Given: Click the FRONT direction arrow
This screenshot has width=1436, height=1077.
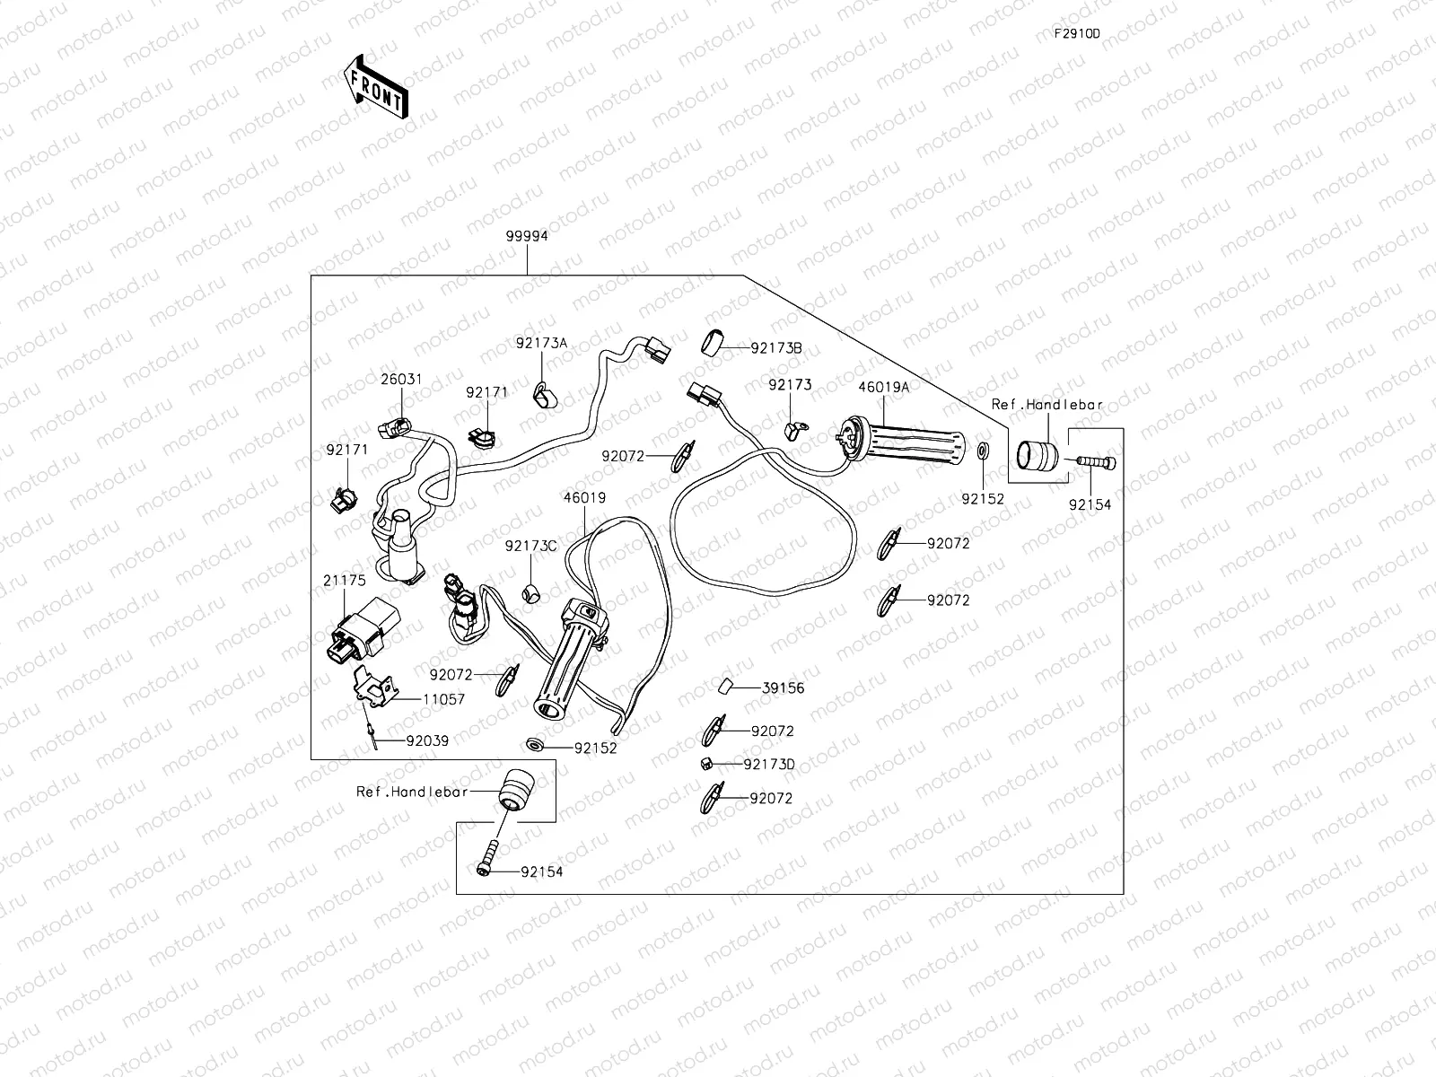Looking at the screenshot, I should tap(375, 86).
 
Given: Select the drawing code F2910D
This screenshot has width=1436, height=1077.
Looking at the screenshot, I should tap(1077, 34).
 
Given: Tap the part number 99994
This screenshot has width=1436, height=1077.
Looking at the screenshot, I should tap(527, 237).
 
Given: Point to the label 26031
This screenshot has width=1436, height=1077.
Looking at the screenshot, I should tap(401, 380).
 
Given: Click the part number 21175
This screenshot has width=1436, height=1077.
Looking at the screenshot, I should tap(345, 581).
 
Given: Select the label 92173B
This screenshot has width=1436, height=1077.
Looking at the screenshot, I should tap(776, 348).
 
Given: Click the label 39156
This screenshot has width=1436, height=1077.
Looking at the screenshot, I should tap(783, 688).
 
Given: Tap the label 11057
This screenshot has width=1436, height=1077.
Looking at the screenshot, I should tap(443, 699).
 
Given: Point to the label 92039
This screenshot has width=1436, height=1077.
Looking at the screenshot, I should tap(427, 740).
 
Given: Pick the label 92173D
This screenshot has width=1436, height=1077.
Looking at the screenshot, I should tap(769, 765).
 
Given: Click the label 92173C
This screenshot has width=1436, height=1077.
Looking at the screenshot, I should tap(530, 546).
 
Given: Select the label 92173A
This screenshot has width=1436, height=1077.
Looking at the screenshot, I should tap(541, 343).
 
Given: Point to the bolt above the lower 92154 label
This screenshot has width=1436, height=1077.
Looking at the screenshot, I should tap(490, 854).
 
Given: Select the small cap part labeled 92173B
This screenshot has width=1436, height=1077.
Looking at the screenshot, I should tap(714, 343).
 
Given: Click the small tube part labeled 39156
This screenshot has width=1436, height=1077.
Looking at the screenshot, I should tap(726, 687).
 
